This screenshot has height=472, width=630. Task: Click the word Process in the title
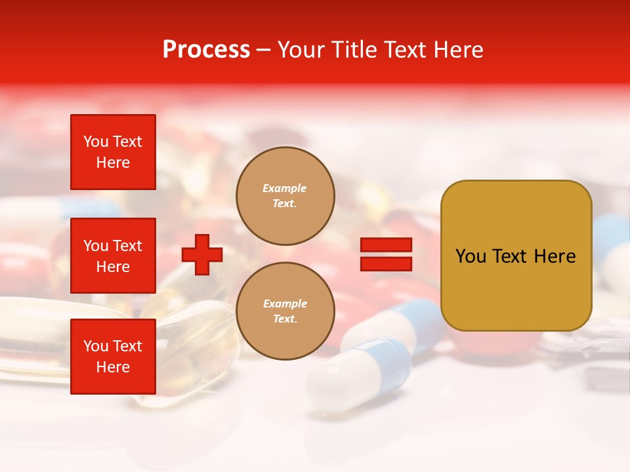click(x=206, y=50)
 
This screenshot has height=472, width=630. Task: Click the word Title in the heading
click(x=353, y=50)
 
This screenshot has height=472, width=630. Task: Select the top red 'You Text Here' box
click(x=113, y=152)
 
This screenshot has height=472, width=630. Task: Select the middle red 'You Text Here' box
click(x=113, y=256)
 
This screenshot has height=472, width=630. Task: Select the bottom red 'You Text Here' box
click(x=113, y=357)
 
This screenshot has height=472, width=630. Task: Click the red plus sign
click(x=202, y=254)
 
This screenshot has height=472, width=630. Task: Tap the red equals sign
click(x=386, y=254)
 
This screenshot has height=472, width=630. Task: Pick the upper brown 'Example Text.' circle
click(x=285, y=196)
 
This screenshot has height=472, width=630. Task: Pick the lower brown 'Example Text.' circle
click(x=285, y=311)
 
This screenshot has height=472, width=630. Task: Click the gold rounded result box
click(x=516, y=256)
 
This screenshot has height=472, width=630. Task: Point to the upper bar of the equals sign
click(x=386, y=245)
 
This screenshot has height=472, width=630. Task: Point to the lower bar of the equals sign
click(x=386, y=264)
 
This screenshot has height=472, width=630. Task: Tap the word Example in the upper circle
click(x=285, y=189)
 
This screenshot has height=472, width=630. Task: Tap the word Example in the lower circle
click(x=285, y=304)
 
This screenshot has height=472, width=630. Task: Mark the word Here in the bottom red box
click(x=113, y=367)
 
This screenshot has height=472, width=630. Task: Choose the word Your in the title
click(x=301, y=50)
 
